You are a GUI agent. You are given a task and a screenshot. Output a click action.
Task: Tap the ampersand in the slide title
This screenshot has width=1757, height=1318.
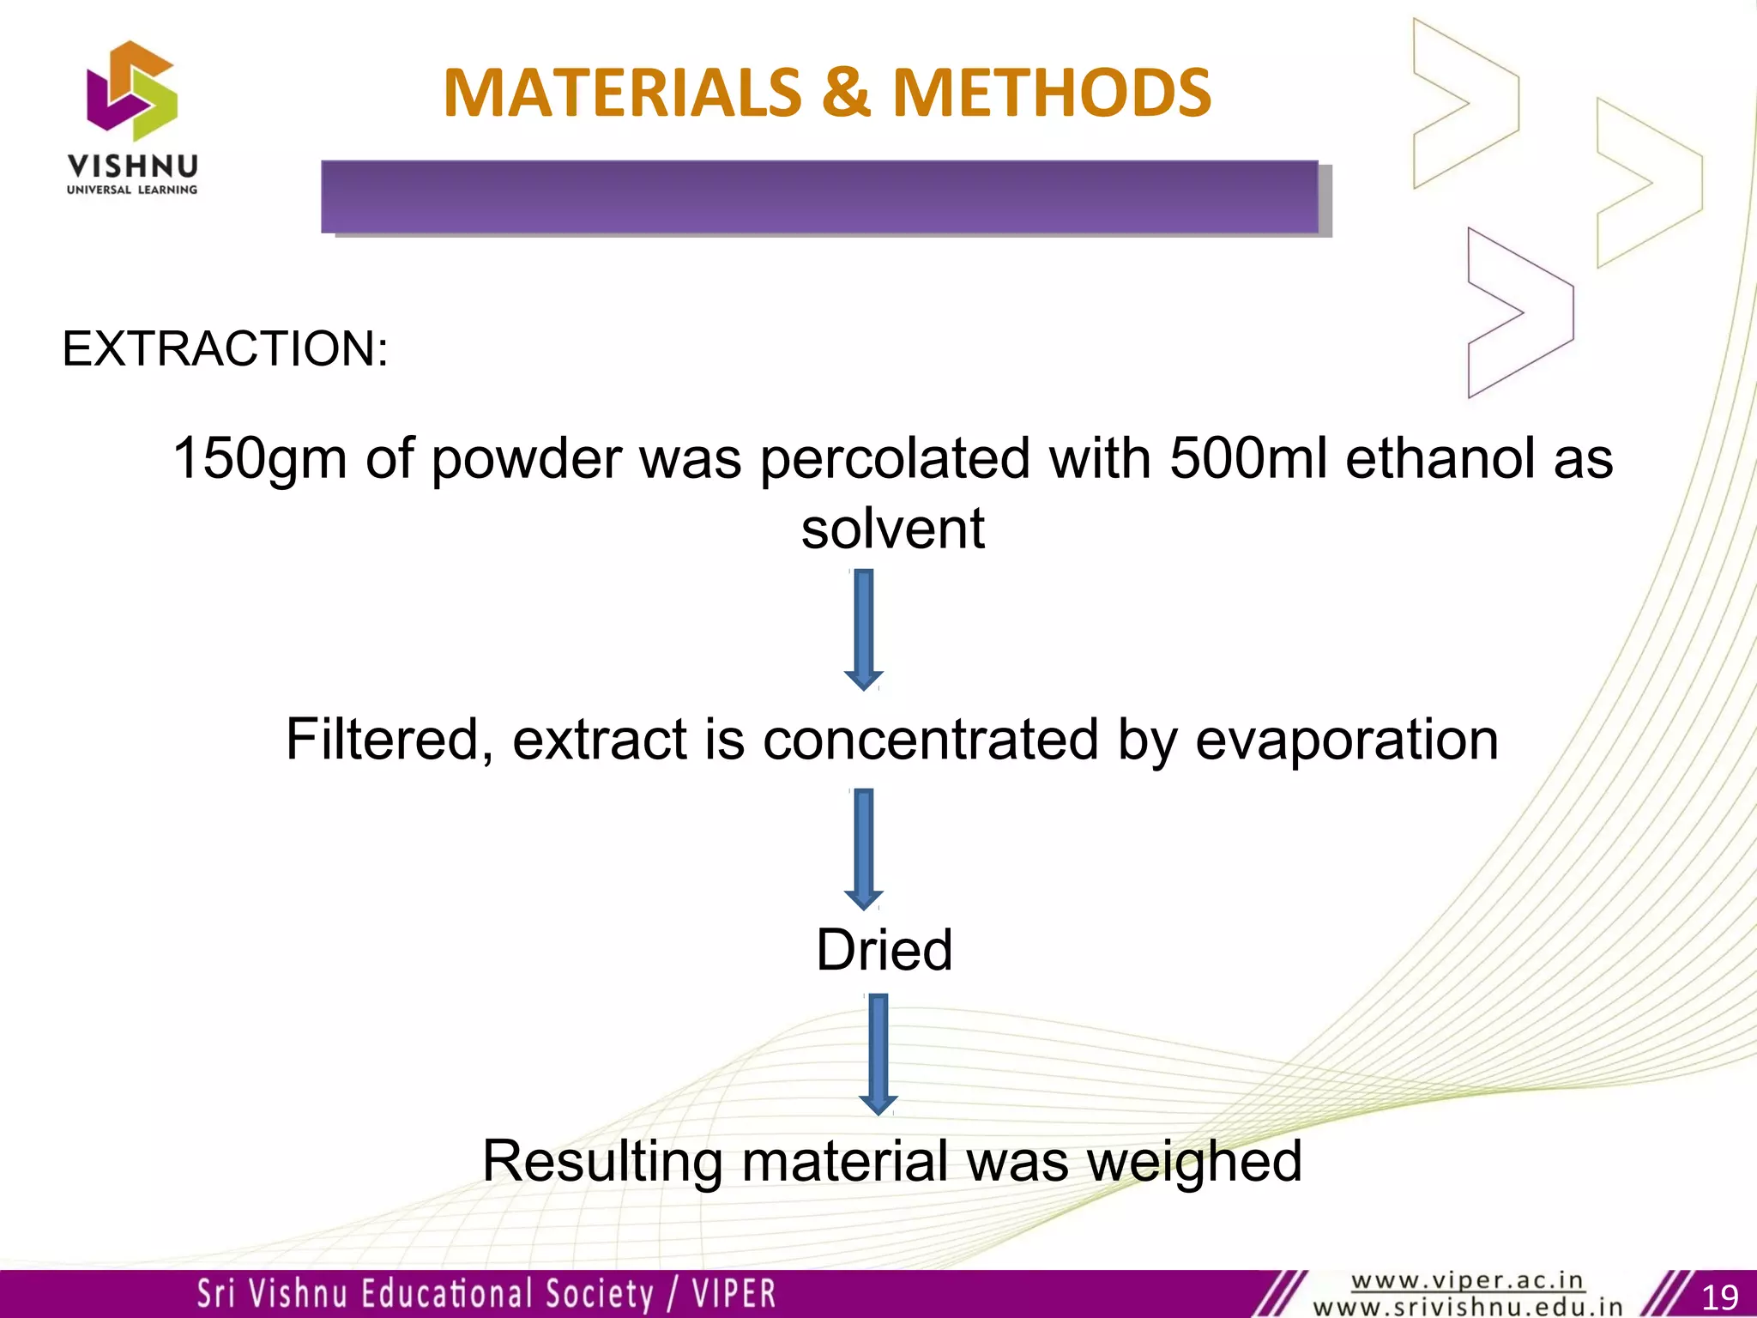pyautogui.click(x=846, y=93)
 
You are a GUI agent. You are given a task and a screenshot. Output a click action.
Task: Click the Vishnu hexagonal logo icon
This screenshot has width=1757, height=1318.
pyautogui.click(x=132, y=90)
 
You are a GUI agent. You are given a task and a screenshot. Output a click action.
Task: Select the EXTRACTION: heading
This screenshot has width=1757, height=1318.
pyautogui.click(x=225, y=348)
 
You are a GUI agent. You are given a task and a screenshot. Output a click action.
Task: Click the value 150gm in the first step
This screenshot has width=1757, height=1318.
pyautogui.click(x=259, y=458)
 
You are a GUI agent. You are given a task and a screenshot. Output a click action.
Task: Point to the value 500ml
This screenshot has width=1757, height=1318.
pyautogui.click(x=1248, y=458)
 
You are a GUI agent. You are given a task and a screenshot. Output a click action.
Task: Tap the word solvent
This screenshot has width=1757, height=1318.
pyautogui.click(x=892, y=529)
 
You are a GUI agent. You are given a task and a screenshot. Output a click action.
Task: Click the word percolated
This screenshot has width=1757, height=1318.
pyautogui.click(x=895, y=458)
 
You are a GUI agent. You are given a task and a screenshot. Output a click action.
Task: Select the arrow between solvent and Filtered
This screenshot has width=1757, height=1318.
pyautogui.click(x=864, y=629)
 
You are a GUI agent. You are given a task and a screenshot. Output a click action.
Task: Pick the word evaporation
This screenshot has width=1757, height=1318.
pyautogui.click(x=1347, y=740)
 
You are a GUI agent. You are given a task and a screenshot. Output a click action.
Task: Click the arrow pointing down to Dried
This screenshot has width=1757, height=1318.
pyautogui.click(x=864, y=849)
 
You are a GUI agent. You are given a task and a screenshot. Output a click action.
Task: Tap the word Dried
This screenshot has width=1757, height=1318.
pyautogui.click(x=884, y=950)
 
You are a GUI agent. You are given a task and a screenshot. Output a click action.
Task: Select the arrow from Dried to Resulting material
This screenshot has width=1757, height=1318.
pyautogui.click(x=878, y=1054)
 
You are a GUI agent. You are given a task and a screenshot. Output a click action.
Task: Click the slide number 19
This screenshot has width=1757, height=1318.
pyautogui.click(x=1718, y=1296)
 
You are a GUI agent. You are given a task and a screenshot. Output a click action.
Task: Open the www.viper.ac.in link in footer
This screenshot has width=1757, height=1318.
pyautogui.click(x=1467, y=1281)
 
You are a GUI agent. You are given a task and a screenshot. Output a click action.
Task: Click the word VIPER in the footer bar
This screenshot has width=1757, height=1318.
pyautogui.click(x=734, y=1294)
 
